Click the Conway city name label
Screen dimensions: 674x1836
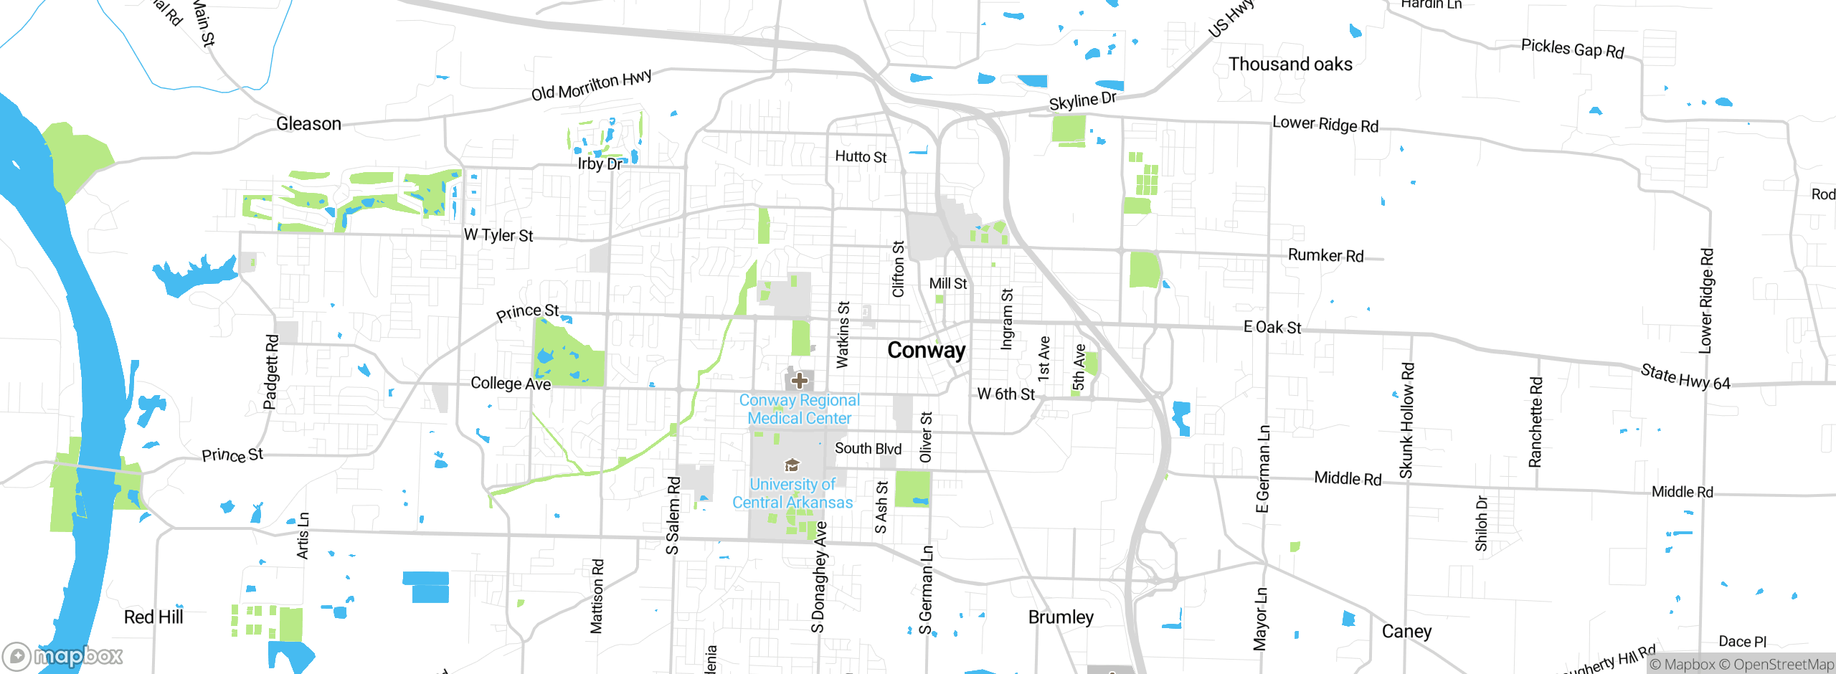(926, 350)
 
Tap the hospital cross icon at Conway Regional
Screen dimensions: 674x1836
(800, 381)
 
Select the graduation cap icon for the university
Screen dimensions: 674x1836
(792, 465)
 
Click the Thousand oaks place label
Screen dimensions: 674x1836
(1290, 64)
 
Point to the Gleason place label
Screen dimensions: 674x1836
(308, 124)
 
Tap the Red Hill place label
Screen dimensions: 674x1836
(153, 617)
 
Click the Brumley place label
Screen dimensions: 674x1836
(1061, 617)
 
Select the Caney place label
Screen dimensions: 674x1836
(1406, 631)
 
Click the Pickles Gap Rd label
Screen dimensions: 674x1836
(1572, 49)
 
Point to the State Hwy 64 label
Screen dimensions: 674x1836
(1685, 377)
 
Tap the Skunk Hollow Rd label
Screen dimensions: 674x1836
(1406, 420)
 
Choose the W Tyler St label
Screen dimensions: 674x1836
(498, 235)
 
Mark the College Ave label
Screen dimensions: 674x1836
(511, 384)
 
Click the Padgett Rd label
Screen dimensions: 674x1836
(271, 371)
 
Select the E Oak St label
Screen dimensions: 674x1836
(1272, 328)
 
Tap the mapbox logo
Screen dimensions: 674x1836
(63, 655)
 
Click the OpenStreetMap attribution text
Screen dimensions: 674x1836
(1783, 665)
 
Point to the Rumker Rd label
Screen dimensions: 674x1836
(1325, 255)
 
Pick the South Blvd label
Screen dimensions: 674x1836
(868, 449)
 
